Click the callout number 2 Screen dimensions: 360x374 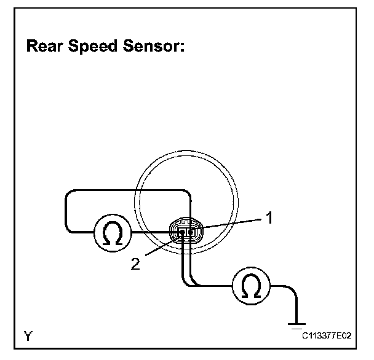point(137,264)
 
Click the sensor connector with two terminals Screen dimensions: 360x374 point(185,232)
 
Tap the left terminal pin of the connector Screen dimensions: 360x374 point(180,232)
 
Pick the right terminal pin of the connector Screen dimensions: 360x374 point(190,232)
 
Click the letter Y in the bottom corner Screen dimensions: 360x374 point(28,335)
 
